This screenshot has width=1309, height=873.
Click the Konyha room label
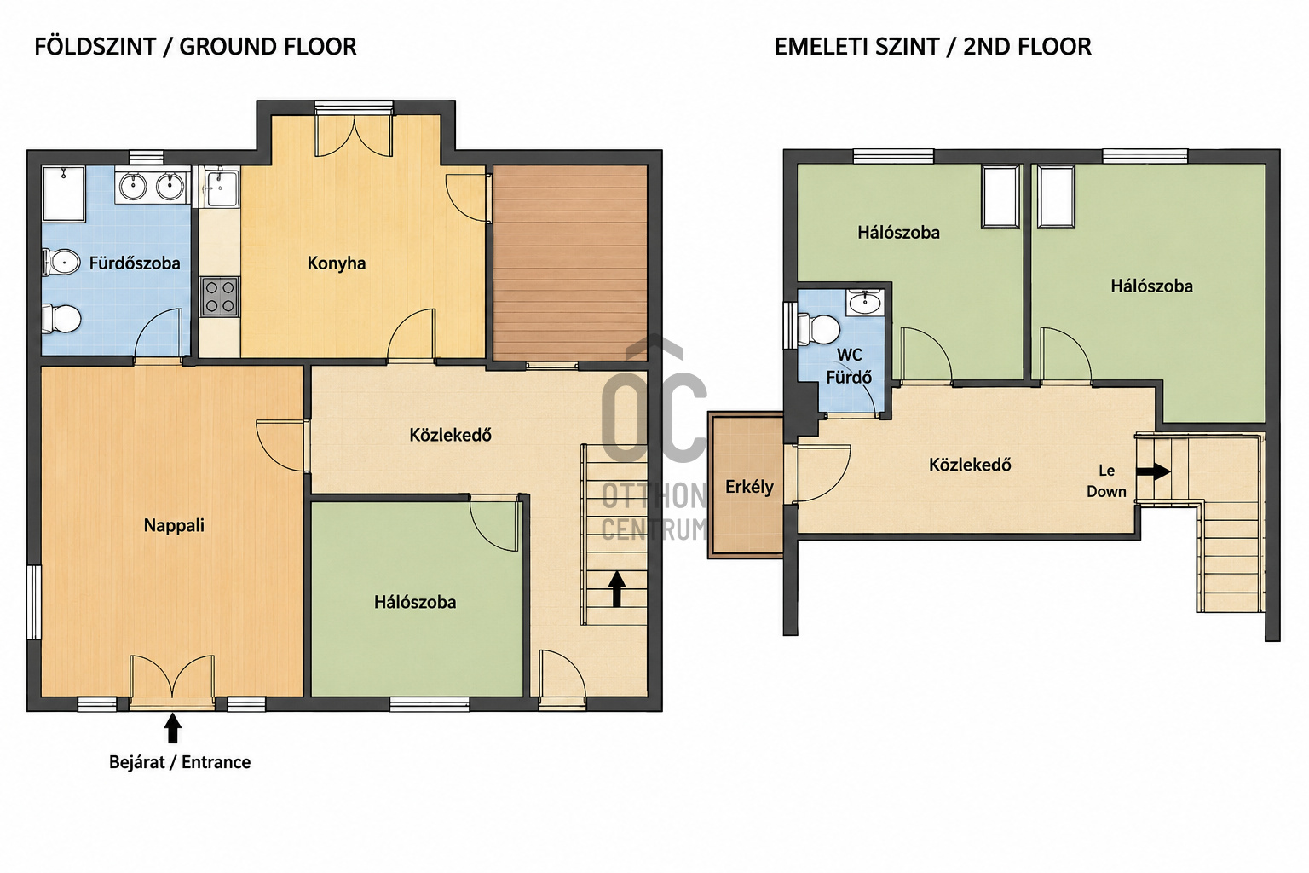[337, 263]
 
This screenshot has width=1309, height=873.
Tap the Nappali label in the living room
[174, 526]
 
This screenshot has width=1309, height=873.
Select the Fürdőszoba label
[135, 263]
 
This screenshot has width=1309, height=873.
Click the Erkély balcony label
[749, 487]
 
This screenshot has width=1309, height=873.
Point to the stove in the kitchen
[220, 297]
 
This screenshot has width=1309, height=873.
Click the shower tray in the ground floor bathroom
[64, 194]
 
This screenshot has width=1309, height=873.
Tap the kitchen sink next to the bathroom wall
[222, 187]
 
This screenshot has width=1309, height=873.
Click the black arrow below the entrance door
[172, 728]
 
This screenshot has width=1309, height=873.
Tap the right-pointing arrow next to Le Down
[1153, 471]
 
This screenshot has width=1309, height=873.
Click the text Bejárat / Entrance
[180, 762]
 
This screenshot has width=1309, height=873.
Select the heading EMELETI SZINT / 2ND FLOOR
[932, 47]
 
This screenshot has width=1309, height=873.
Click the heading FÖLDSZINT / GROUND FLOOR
[195, 47]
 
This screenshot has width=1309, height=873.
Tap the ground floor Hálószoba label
[415, 602]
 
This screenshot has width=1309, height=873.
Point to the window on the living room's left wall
[34, 602]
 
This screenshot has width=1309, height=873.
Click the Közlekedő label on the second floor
[970, 465]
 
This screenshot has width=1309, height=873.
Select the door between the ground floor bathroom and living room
[158, 335]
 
